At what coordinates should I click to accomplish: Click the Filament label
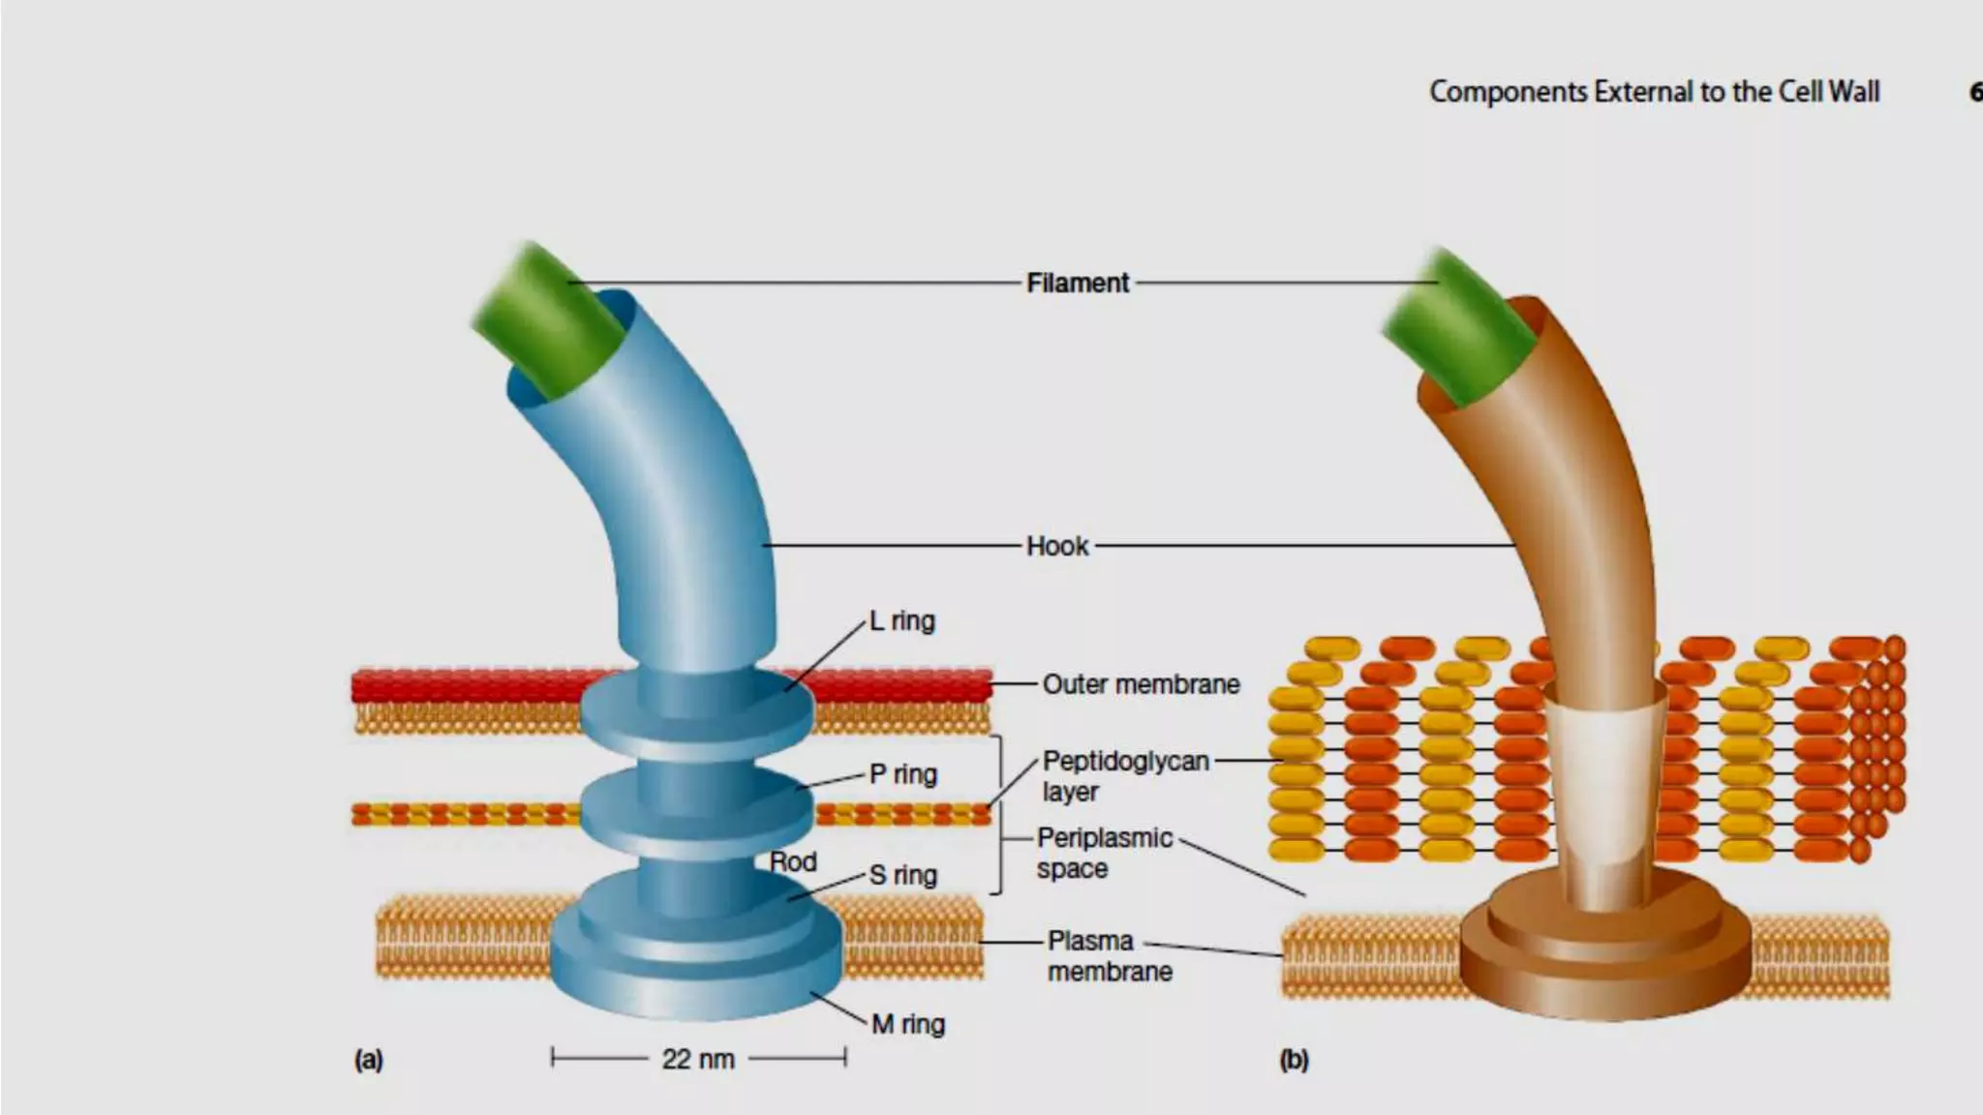tap(1077, 283)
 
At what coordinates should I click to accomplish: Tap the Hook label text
tap(1057, 546)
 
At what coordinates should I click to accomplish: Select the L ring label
tap(901, 620)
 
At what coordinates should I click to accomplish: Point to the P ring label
tap(902, 774)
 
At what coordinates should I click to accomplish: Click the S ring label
tap(902, 875)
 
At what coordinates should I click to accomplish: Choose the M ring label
tap(907, 1024)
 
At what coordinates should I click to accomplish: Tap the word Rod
tap(793, 861)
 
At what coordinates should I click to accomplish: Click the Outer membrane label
tap(1141, 684)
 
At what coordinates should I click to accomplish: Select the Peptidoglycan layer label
tap(1125, 776)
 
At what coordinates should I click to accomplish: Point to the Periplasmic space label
tap(1104, 853)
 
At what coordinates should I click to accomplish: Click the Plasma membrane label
tap(1109, 955)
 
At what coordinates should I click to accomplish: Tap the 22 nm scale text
tap(698, 1059)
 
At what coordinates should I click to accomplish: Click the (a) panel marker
tap(369, 1060)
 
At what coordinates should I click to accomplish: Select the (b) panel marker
tap(1294, 1060)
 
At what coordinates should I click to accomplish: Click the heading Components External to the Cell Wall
tap(1654, 92)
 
